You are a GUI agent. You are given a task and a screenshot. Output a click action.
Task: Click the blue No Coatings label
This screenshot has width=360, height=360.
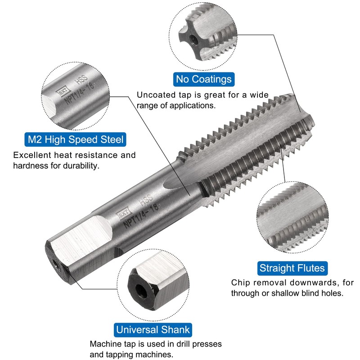click(204, 80)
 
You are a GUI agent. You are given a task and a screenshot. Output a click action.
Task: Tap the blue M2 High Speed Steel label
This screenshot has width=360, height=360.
click(75, 139)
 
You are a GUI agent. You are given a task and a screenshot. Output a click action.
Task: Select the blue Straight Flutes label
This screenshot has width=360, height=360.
click(292, 268)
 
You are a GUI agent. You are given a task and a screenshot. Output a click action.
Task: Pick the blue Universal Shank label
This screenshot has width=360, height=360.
click(153, 329)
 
